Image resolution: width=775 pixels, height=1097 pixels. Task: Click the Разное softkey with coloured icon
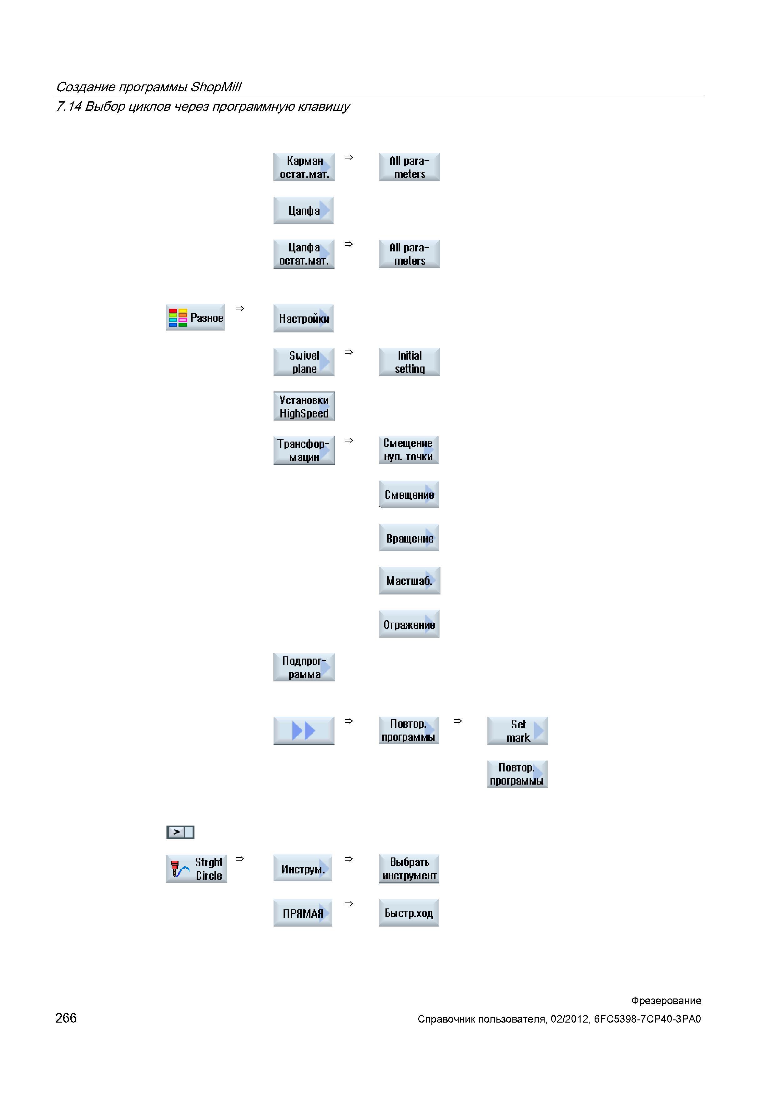coord(195,317)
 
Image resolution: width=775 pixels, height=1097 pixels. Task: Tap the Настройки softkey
coord(304,318)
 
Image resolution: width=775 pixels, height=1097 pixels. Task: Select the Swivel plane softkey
coord(304,362)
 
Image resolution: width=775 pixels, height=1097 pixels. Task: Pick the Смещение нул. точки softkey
coord(409,450)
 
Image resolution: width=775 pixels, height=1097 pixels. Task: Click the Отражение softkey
coord(409,624)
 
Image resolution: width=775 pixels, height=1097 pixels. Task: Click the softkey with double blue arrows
coord(304,730)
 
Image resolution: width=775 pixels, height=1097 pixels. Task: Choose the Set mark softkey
coord(518,730)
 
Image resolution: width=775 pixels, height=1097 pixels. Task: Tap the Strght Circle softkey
coord(196,869)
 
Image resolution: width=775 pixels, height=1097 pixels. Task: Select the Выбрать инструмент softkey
coord(409,869)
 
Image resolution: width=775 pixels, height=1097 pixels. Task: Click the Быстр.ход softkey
coord(409,912)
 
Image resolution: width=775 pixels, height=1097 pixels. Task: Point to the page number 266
coord(66,1018)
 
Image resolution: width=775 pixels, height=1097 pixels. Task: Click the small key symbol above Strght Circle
coord(180,832)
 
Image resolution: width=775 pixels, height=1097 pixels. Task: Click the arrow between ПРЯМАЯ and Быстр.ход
coord(349,903)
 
